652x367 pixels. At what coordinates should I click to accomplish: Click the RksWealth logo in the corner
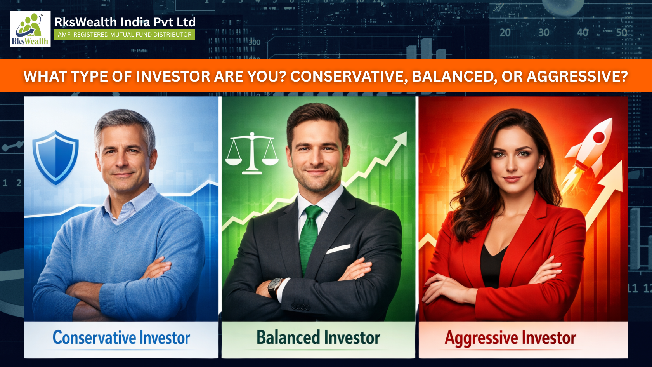point(30,29)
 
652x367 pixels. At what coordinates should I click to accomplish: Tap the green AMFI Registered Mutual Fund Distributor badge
point(125,35)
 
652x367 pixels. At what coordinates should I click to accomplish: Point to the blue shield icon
point(55,157)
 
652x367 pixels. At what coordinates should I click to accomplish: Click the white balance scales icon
point(252,153)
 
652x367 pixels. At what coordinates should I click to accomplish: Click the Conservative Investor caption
point(121,338)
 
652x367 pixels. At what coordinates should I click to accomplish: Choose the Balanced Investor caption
point(318,337)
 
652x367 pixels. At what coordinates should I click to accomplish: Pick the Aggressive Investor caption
point(510,338)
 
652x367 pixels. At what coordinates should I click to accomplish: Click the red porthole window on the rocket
point(598,137)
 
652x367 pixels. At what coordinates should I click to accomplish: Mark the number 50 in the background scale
point(621,32)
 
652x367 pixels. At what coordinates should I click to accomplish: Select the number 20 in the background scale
point(505,33)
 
